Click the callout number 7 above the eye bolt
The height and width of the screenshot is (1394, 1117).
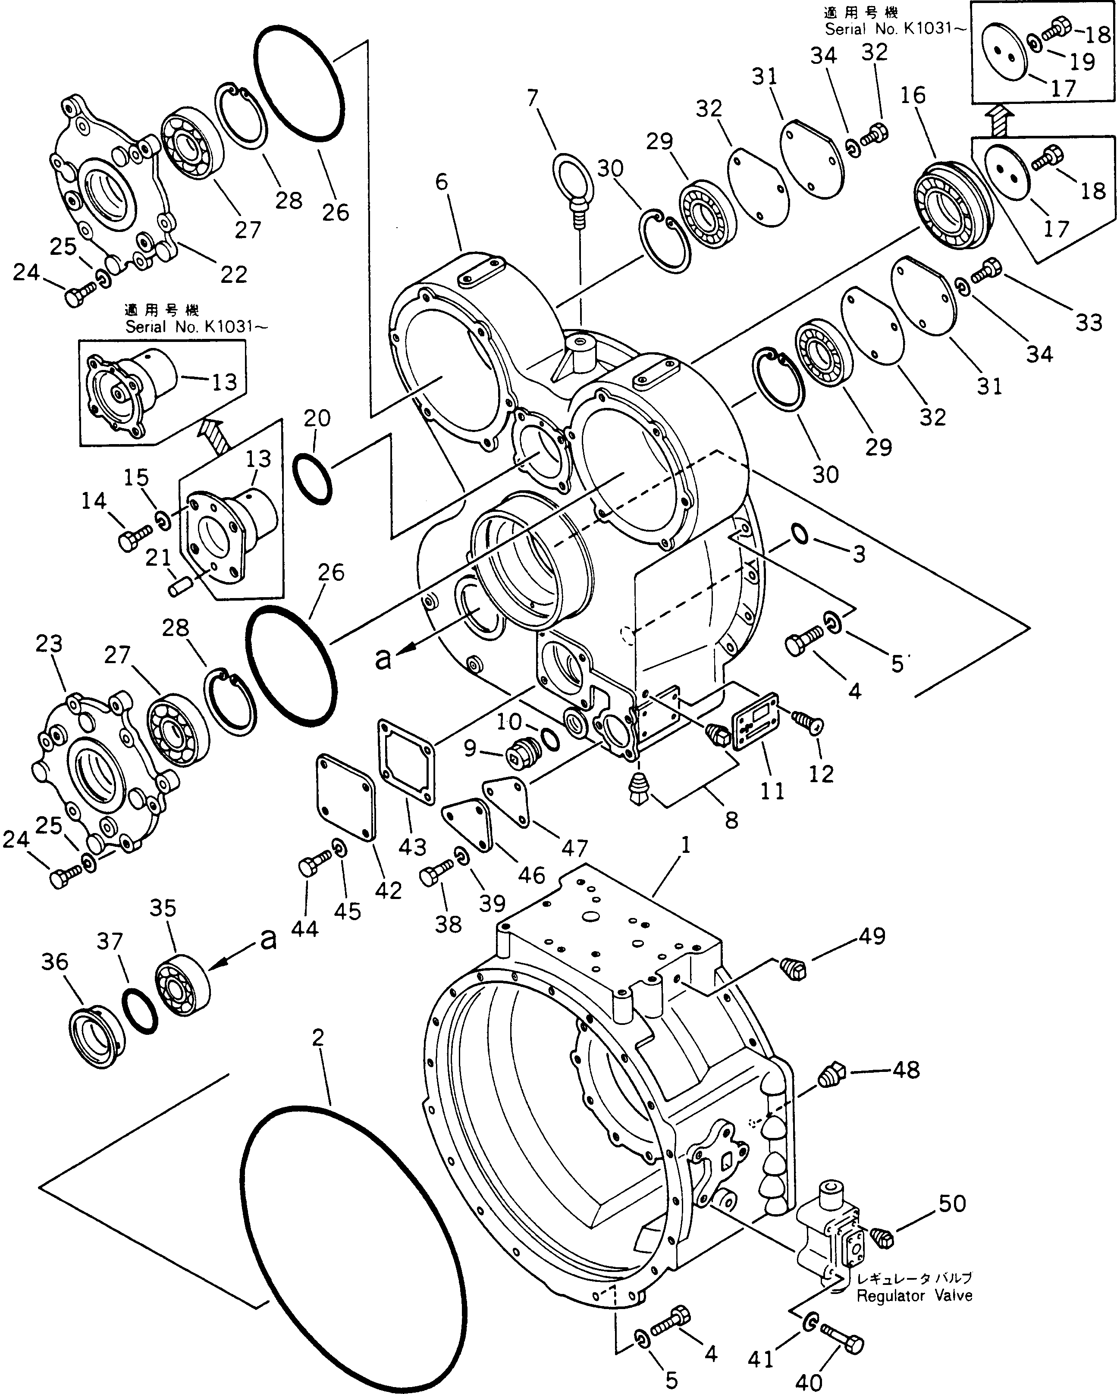pyautogui.click(x=532, y=98)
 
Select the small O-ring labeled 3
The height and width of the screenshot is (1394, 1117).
pyautogui.click(x=800, y=534)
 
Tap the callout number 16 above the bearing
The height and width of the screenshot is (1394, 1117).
pyautogui.click(x=913, y=96)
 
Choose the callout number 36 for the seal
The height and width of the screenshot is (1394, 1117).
pyautogui.click(x=54, y=962)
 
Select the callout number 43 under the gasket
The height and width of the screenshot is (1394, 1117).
pyautogui.click(x=413, y=846)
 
